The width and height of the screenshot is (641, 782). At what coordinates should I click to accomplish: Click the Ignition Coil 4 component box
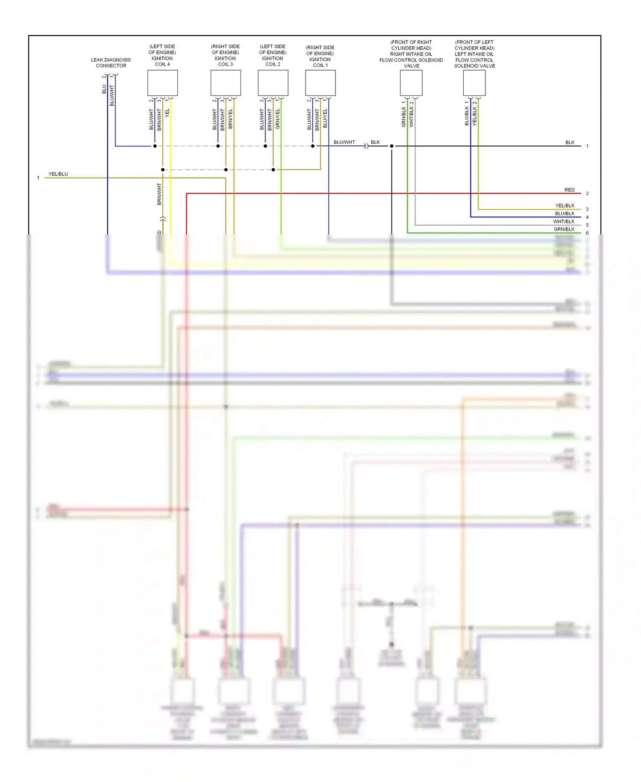coord(162,83)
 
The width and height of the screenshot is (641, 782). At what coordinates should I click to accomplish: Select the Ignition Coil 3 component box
coord(226,83)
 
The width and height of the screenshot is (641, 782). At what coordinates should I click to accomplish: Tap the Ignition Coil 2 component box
coord(273,83)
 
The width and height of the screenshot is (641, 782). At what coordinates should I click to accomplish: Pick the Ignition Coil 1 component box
coord(320,83)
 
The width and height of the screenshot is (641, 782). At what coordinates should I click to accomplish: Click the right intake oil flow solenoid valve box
coord(411,83)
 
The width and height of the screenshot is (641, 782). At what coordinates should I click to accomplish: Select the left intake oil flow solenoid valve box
coord(474,83)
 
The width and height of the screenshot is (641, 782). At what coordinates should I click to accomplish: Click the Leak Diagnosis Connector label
coord(111,62)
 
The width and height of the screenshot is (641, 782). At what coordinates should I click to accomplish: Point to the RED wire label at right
coord(569,190)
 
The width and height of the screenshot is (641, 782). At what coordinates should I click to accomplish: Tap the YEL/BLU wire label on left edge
coord(58,174)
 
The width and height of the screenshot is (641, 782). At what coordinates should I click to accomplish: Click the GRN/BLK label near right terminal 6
coord(564,229)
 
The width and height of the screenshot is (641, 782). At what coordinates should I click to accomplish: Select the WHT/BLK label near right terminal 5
coord(564,222)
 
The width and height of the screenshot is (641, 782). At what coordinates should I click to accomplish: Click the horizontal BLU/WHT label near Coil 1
coord(344,142)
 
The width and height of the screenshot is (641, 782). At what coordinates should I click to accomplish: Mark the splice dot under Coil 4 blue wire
coord(155,146)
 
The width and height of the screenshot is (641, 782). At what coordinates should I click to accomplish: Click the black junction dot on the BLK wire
coord(391,146)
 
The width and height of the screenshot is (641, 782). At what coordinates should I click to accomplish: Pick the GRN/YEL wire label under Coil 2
coord(278,119)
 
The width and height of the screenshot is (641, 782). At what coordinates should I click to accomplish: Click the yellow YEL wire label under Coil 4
coord(168,113)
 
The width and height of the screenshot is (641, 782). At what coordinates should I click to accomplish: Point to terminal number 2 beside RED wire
coord(587,194)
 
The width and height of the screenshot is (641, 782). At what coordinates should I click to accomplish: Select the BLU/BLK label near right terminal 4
coord(565,213)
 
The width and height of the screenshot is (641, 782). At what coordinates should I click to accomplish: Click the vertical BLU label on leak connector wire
coord(104,89)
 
